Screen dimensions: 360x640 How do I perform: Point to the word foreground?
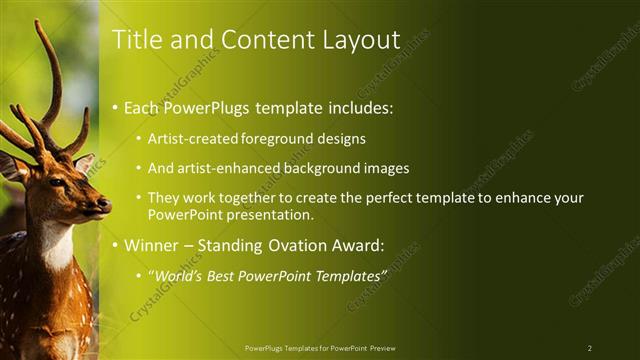pyautogui.click(x=284, y=139)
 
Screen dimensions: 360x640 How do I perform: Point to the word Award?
pyautogui.click(x=358, y=244)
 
